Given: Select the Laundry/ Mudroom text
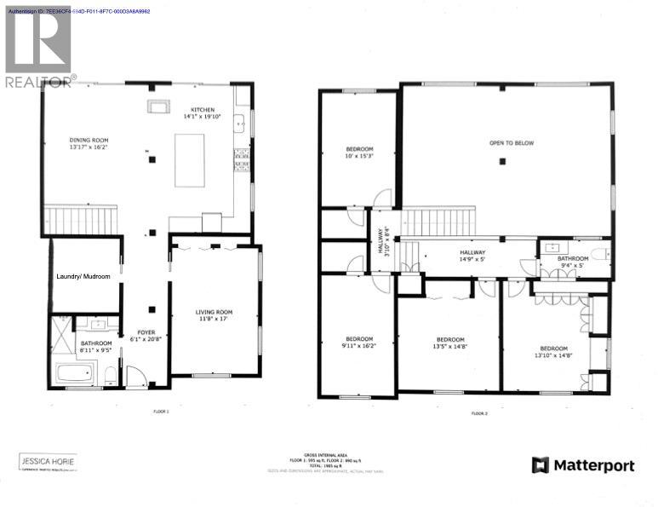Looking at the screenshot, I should pos(83,276).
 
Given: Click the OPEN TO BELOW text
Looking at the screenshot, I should pos(511,143).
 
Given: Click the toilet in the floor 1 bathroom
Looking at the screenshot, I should pos(110,374).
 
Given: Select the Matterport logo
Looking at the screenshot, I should pos(583,465).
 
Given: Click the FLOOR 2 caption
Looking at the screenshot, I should pos(478,413).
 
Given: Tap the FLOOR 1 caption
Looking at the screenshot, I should pos(161,411).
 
